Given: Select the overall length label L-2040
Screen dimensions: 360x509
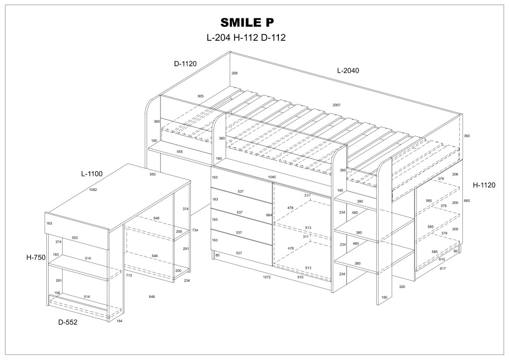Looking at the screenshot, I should click(348, 71).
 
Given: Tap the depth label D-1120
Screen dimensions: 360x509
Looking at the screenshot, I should click(185, 64).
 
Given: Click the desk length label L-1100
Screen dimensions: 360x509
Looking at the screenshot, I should click(91, 174).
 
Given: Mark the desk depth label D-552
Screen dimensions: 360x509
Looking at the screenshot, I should click(68, 322).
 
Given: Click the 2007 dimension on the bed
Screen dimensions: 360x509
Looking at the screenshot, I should click(337, 105).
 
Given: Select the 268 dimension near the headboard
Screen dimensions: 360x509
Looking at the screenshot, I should click(234, 73).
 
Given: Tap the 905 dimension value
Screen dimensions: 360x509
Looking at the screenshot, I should click(200, 96).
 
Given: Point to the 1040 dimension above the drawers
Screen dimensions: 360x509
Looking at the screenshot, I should click(272, 177).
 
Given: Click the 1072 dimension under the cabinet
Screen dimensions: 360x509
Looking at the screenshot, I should click(266, 277).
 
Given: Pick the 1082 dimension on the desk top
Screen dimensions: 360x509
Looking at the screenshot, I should click(92, 189).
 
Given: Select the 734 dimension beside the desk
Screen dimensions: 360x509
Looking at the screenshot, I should click(195, 230).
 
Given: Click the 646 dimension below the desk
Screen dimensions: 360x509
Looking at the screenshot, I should click(152, 297).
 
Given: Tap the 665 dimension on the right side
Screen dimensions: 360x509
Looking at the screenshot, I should click(467, 201).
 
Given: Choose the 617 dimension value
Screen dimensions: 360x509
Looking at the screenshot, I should click(443, 269).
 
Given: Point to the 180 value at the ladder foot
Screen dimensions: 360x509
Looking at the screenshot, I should click(384, 297).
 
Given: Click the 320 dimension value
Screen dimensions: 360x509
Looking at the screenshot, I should click(402, 287).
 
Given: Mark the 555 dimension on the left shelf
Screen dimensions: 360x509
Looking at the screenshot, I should click(179, 151).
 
